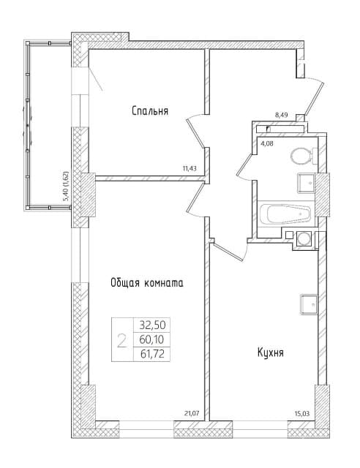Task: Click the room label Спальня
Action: coord(150,111)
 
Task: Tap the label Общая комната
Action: coord(147,282)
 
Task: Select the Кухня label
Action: coord(271,352)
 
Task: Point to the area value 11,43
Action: coord(190,168)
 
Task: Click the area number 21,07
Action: coord(192,413)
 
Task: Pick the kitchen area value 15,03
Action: coord(303,414)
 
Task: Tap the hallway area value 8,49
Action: coord(282,116)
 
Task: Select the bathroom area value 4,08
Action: coord(267,143)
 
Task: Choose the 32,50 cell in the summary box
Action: coord(152,325)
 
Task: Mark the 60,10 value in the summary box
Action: coord(152,339)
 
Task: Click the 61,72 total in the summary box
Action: coord(152,354)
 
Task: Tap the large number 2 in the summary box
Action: coord(121,341)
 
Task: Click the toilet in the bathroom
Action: coord(303,156)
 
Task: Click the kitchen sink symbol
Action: coord(309,304)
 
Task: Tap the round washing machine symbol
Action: coord(303,239)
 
